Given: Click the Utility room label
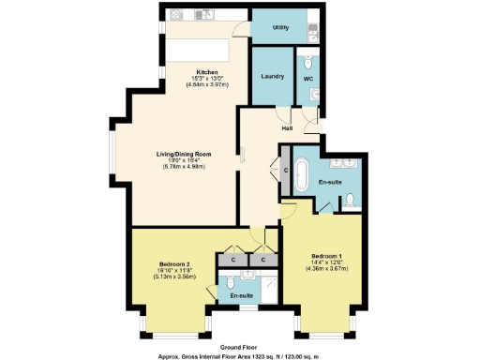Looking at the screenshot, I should pyautogui.click(x=280, y=28).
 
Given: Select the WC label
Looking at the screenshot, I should pyautogui.click(x=307, y=79).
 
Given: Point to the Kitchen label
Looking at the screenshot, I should pyautogui.click(x=207, y=73).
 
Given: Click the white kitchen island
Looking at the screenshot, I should pyautogui.click(x=197, y=49).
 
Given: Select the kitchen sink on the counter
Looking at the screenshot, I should pyautogui.click(x=203, y=16).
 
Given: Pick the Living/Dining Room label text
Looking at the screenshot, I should pyautogui.click(x=183, y=154).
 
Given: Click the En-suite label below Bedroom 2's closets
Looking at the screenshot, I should pyautogui.click(x=242, y=295).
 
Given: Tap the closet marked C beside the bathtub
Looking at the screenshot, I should pyautogui.click(x=285, y=172).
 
